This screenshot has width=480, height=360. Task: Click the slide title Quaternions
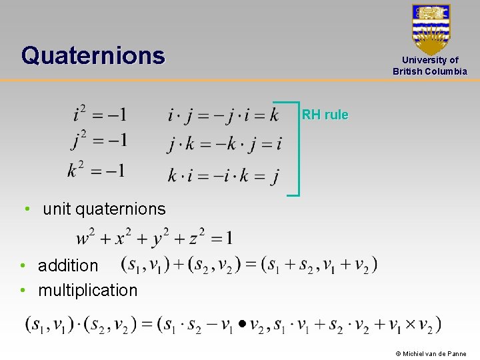(x=93, y=55)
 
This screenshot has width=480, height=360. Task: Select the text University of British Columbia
(x=430, y=65)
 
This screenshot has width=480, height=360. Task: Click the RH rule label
(x=325, y=115)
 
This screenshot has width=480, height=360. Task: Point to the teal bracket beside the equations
(x=297, y=148)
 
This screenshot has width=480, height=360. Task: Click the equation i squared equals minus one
(x=100, y=114)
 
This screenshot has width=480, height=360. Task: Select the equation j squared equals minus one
(x=100, y=141)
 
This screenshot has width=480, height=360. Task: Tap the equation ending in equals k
(x=223, y=115)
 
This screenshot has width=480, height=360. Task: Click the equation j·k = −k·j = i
(x=224, y=143)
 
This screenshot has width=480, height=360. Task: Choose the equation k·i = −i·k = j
(x=223, y=176)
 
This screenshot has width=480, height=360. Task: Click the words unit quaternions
(x=104, y=209)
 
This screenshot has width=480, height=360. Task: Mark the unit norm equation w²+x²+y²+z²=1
(x=155, y=237)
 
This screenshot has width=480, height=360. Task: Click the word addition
(x=68, y=265)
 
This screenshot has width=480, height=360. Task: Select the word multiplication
(x=87, y=290)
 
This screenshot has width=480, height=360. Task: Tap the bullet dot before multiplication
(x=23, y=290)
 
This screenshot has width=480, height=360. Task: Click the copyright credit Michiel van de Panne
(x=431, y=353)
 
